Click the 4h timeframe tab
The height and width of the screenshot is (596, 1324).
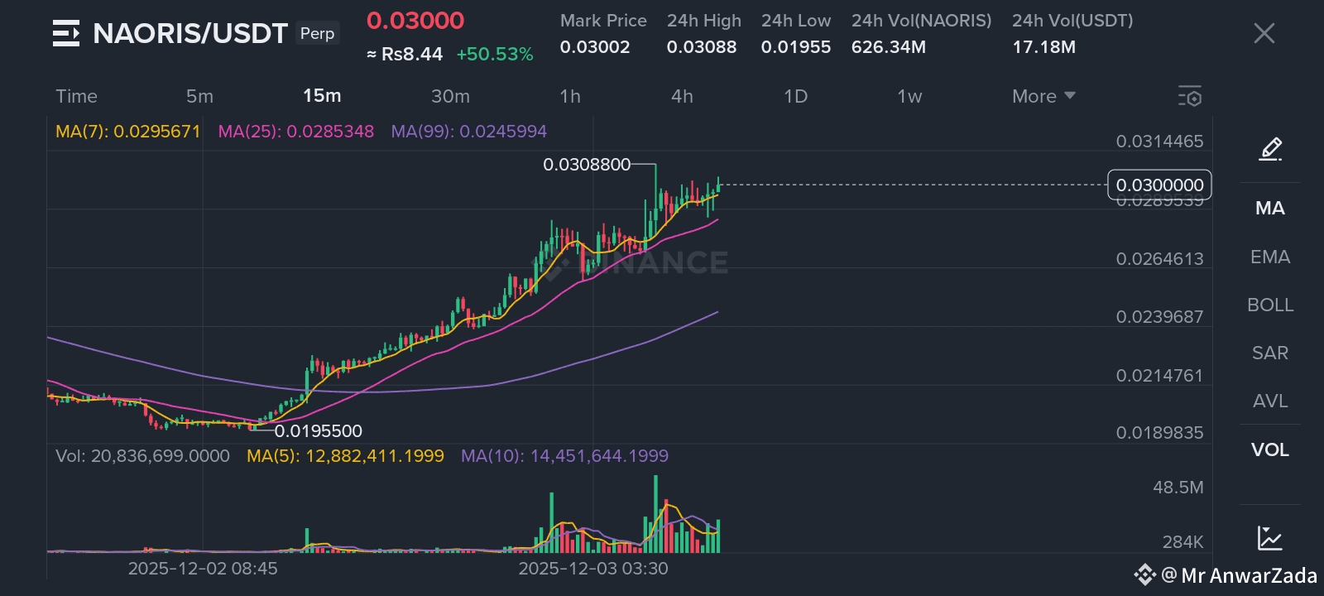[682, 96]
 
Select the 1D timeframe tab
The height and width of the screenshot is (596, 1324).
[795, 96]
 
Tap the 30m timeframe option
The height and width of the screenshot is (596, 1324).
[450, 96]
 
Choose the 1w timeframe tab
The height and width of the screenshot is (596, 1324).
[909, 96]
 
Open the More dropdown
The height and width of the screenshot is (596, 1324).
[1043, 96]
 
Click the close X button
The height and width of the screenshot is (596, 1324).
[1264, 33]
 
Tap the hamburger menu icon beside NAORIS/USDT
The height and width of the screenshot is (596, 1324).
[66, 33]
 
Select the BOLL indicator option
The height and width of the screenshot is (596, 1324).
[1269, 305]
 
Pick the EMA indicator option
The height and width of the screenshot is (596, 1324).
[1269, 257]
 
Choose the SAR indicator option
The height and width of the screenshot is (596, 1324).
[1269, 353]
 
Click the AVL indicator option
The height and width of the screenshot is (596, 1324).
[1269, 401]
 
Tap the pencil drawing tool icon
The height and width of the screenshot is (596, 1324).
[1270, 149]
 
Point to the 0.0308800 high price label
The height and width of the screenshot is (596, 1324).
[587, 165]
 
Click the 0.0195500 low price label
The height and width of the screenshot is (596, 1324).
[319, 431]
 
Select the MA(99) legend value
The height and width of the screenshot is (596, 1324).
[468, 132]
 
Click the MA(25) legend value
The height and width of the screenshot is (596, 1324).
[295, 132]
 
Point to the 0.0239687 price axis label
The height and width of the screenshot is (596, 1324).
[1159, 317]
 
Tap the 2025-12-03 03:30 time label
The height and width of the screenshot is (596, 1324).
[592, 569]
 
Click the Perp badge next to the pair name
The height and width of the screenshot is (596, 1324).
[317, 33]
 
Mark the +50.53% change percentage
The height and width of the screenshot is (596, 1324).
[494, 55]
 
